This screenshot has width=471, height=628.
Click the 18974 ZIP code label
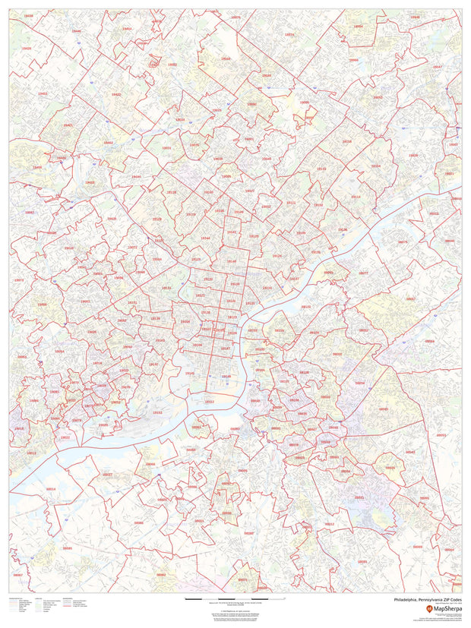(289, 34)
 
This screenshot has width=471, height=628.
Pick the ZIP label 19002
(172, 65)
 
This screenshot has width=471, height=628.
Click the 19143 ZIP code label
(160, 340)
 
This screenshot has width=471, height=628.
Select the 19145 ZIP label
(189, 373)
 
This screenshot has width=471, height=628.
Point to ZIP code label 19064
(58, 352)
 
